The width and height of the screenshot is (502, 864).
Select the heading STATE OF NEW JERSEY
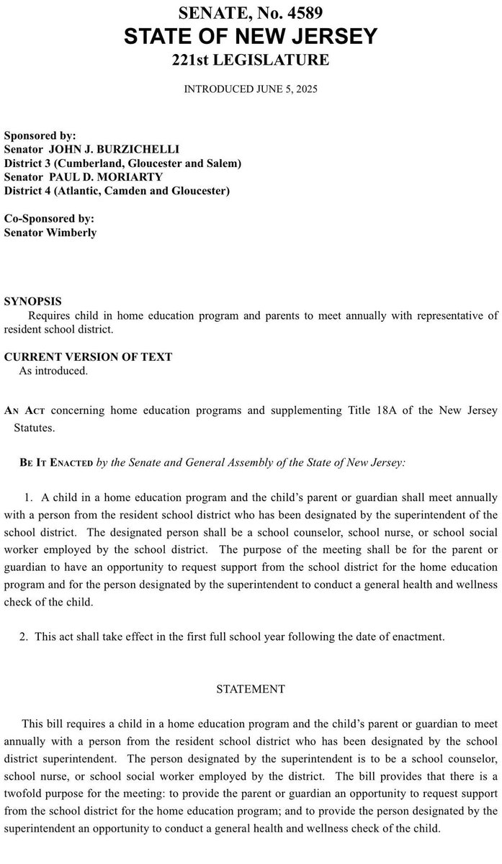[250, 36]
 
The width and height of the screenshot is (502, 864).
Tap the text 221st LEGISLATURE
[250, 60]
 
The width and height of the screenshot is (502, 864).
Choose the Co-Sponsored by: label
[49, 219]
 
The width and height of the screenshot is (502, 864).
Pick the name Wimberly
[71, 233]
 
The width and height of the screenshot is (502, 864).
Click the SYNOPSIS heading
[32, 301]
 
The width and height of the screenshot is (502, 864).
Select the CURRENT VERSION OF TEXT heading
[88, 357]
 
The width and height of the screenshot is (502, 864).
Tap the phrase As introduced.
[53, 372]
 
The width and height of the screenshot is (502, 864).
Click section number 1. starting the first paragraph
[29, 498]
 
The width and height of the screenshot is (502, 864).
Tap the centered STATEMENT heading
[251, 689]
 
